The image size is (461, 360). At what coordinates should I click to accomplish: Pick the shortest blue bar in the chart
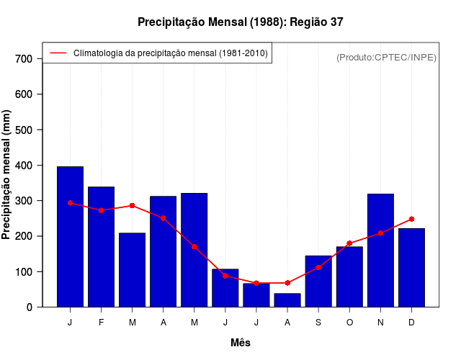click(287, 300)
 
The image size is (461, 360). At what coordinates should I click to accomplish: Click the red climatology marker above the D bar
click(411, 219)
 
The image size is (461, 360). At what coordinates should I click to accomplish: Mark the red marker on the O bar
click(349, 243)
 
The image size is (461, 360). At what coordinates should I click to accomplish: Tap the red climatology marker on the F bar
click(101, 210)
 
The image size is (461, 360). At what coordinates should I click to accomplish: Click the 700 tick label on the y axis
click(24, 58)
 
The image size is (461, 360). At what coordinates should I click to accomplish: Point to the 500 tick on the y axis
click(24, 130)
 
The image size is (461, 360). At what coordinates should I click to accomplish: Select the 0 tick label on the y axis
click(30, 307)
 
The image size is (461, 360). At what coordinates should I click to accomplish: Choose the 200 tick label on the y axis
click(24, 236)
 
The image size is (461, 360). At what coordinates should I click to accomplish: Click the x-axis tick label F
click(101, 323)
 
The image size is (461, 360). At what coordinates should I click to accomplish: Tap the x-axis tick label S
click(318, 323)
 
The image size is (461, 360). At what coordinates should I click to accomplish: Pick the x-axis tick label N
click(380, 323)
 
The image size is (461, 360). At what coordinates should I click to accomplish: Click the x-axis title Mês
click(241, 343)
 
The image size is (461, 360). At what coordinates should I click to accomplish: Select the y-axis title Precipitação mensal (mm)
click(7, 175)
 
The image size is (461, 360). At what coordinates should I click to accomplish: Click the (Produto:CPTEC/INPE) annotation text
click(386, 57)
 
